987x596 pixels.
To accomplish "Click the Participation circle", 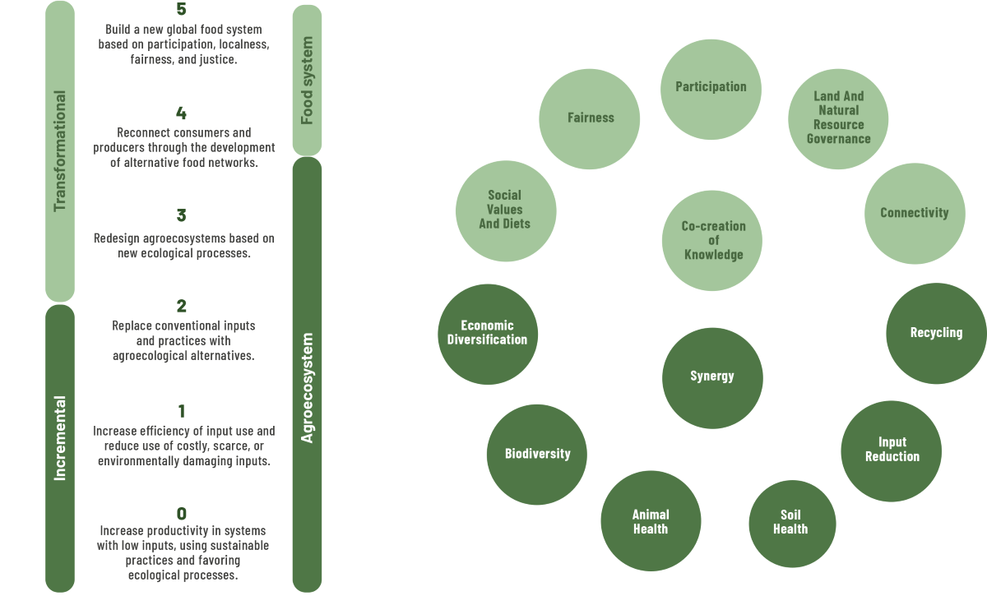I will coord(711,88).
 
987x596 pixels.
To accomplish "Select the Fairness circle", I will coord(590,118).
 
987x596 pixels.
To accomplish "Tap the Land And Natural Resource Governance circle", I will coord(838,118).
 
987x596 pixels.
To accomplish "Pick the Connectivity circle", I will coord(914,213).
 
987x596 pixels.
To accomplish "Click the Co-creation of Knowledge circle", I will coord(713,240).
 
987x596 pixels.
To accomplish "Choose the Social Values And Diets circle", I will coord(505,210).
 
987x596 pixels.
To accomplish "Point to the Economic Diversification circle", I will coord(487,334).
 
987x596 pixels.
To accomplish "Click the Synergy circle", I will coord(711,377).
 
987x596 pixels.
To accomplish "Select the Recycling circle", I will coord(936,333).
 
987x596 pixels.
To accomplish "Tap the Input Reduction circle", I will coord(892,450).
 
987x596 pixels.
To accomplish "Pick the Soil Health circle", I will coord(791,523).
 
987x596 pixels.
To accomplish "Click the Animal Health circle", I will coord(651,523).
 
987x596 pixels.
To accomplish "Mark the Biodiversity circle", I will coord(537,454).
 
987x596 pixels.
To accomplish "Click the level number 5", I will coord(182,10).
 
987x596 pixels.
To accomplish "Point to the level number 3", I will coord(182,215).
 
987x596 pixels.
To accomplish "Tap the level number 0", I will coord(182,515).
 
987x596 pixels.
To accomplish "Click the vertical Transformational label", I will coord(59,150).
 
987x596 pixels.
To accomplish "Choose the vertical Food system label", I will coord(307,80).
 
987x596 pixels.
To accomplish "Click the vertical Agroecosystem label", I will coord(307,387).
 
